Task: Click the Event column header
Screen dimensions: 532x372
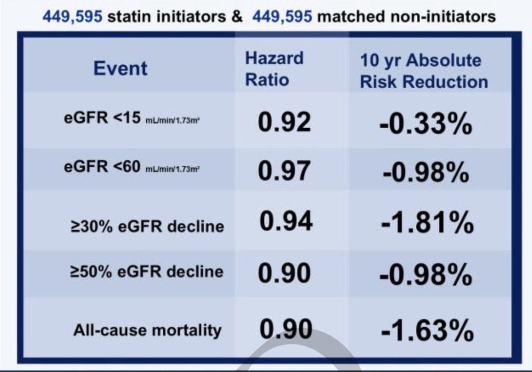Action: tap(121, 68)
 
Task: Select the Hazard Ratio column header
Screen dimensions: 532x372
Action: tap(274, 69)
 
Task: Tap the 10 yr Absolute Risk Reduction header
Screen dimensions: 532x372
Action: tap(424, 71)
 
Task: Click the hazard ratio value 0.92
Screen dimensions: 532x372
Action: tap(284, 122)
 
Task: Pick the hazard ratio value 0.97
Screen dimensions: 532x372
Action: tap(284, 171)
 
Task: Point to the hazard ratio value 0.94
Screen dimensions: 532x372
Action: tap(286, 221)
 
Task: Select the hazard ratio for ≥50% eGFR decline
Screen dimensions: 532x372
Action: tap(284, 273)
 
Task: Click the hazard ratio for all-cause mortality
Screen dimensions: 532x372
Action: tap(286, 329)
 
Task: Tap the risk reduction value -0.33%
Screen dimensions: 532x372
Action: tap(426, 124)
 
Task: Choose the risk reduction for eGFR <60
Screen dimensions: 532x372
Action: tap(426, 172)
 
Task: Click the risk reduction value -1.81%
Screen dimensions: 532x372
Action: tap(427, 223)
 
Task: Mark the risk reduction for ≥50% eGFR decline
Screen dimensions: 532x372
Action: tap(426, 274)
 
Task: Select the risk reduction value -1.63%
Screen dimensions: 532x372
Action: tap(427, 331)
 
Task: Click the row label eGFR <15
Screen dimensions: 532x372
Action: tap(132, 118)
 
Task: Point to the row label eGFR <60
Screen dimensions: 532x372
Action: tap(132, 167)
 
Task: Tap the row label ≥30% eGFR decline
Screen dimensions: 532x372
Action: tap(147, 226)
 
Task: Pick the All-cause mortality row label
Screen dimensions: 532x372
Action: tap(148, 331)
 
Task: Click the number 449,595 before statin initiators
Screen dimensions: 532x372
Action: tap(72, 17)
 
